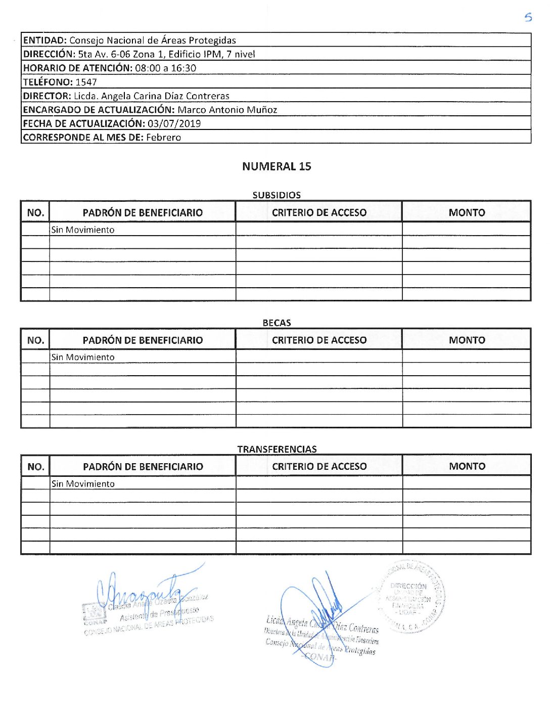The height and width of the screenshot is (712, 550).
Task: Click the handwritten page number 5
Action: [x=528, y=17]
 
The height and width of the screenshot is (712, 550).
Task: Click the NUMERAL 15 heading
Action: [x=277, y=166]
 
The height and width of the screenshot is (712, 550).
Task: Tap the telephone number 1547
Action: [x=86, y=82]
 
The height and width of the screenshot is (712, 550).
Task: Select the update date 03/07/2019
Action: [x=174, y=123]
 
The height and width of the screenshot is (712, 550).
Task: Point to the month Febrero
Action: [x=163, y=137]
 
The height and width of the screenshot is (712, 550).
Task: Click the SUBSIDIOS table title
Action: [x=277, y=195]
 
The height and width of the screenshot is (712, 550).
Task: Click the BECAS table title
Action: [x=277, y=323]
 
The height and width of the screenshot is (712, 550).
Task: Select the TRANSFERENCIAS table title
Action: [x=277, y=449]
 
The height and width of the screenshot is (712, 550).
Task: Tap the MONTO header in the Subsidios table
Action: [x=467, y=213]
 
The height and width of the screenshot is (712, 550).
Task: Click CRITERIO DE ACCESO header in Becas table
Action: [x=319, y=340]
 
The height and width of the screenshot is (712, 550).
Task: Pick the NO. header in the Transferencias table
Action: [x=35, y=467]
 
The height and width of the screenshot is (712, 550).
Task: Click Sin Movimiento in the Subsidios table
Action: [x=83, y=230]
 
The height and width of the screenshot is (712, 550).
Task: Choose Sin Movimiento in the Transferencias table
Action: [x=83, y=484]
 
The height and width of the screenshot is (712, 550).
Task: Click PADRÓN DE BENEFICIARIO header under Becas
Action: [x=143, y=340]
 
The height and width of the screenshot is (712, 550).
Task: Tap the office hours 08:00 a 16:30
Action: [x=165, y=68]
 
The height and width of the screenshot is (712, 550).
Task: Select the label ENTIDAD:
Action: [x=45, y=40]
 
